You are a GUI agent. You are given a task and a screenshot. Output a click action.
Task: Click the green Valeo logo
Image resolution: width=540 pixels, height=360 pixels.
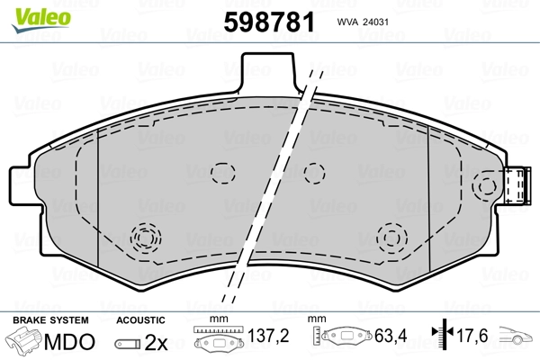click(41, 20)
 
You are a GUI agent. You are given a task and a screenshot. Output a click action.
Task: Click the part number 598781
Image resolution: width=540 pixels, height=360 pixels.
click(269, 22)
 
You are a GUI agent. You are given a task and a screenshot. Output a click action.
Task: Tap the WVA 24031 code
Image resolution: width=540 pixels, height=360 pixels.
click(363, 22)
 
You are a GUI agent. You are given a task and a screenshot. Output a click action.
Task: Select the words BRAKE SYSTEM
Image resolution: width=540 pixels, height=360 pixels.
click(50, 320)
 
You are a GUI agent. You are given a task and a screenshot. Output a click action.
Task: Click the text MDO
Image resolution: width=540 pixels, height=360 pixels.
click(69, 342)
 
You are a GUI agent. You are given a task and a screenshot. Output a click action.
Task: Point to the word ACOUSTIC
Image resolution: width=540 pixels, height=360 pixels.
click(140, 320)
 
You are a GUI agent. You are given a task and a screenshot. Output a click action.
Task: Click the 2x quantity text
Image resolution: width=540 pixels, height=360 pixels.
click(156, 342)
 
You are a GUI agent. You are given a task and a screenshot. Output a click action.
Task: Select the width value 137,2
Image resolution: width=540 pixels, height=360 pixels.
click(268, 336)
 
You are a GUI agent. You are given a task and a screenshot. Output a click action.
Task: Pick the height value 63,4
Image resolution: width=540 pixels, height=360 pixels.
click(391, 336)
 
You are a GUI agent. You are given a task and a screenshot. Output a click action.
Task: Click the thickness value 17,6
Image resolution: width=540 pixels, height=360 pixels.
click(472, 336)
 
